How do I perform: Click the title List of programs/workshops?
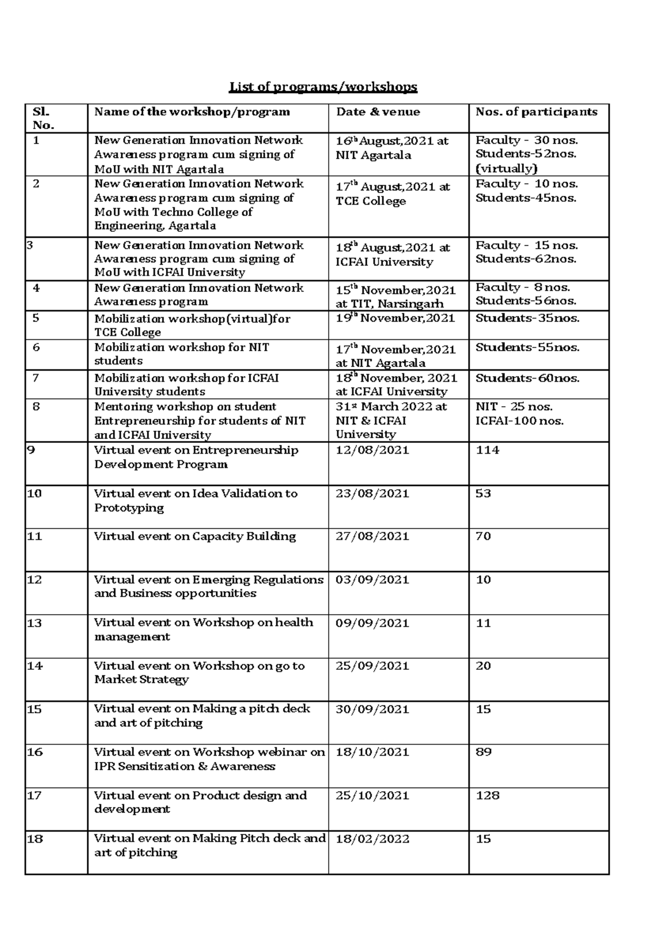[323, 87]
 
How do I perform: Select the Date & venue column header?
[378, 112]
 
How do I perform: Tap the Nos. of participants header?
[536, 112]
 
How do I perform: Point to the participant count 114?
[487, 451]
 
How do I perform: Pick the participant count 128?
[487, 796]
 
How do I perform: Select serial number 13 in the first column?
[34, 623]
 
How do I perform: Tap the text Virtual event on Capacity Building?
[195, 537]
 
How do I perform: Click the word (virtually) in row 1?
[506, 169]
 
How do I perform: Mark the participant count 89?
[484, 753]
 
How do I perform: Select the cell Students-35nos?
[527, 319]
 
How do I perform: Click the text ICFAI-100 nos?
[520, 421]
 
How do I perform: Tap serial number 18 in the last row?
[34, 839]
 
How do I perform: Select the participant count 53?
[484, 494]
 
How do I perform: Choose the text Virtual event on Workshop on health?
[204, 623]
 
